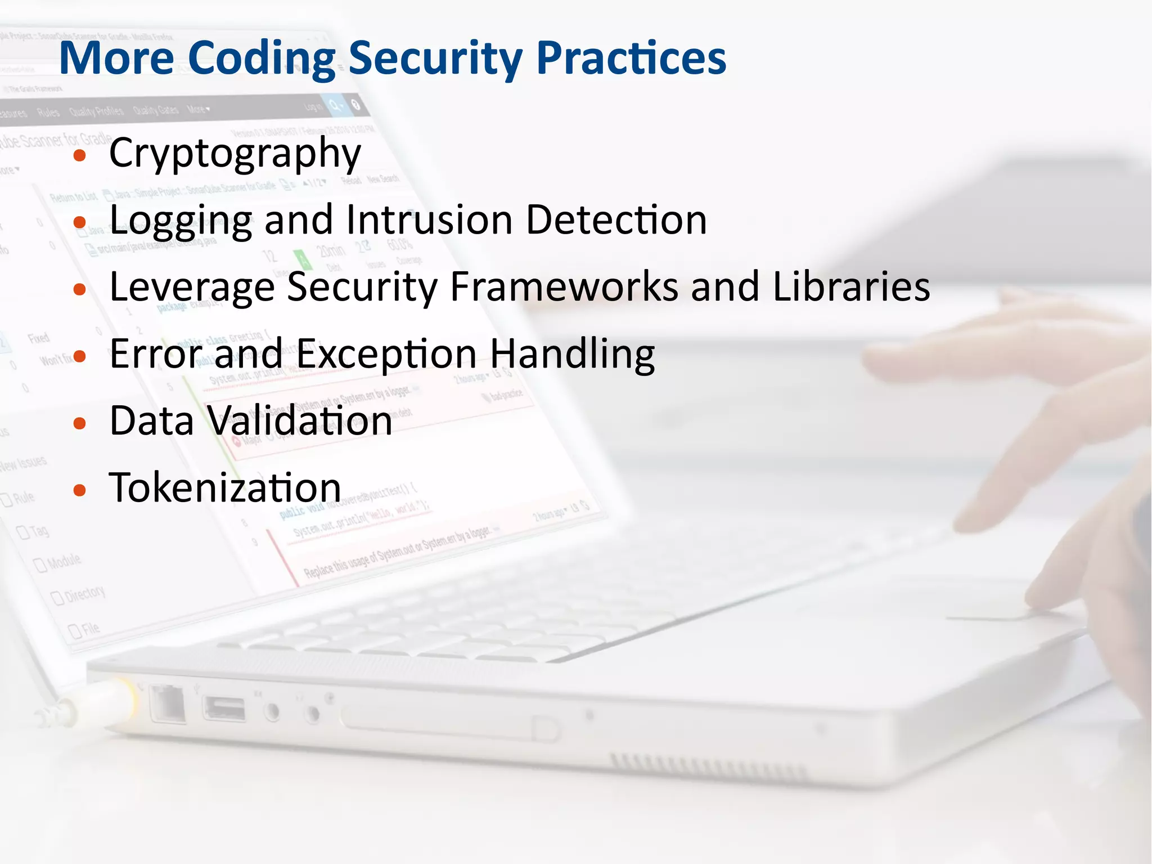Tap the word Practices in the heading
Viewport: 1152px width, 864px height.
pos(631,58)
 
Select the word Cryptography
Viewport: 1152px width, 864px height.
pos(235,153)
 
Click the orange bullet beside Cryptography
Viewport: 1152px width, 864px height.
pos(80,156)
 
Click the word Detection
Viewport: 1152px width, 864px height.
pos(616,220)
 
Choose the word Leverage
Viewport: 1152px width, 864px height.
pos(192,287)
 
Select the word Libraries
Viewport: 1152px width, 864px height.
pos(851,287)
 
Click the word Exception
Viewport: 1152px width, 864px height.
pos(386,354)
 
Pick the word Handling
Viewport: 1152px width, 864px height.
pos(572,354)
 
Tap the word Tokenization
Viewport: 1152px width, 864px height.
pos(225,487)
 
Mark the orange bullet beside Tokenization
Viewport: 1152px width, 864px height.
pos(80,490)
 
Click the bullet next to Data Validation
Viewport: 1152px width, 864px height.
pos(80,424)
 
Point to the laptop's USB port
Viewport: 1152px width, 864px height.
pos(224,709)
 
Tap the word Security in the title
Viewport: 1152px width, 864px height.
pos(435,58)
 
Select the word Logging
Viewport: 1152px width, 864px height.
pos(181,221)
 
